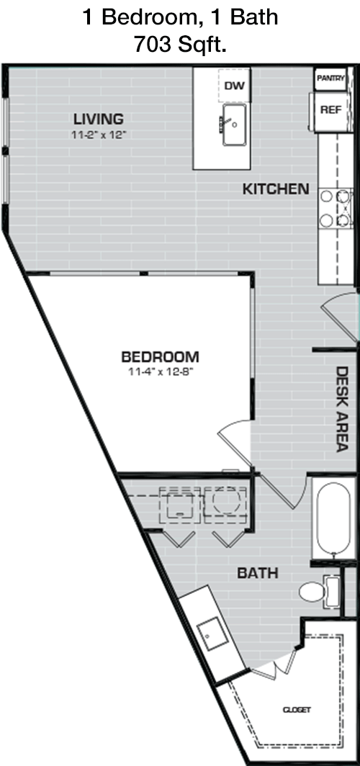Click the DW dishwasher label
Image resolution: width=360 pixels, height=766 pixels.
(x=234, y=86)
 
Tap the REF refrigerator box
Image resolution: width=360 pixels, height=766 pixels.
(x=330, y=111)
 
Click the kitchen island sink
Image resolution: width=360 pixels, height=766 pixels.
(x=235, y=125)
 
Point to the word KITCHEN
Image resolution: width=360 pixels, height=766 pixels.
(x=276, y=189)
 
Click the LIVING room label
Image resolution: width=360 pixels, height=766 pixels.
(x=98, y=119)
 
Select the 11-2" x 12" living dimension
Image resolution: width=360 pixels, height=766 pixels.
(x=99, y=134)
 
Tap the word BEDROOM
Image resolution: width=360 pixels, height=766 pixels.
(x=161, y=357)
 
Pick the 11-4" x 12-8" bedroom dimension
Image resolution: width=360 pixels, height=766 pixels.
(x=161, y=371)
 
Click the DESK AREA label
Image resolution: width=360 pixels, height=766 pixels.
(x=342, y=410)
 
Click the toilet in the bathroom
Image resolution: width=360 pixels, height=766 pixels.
(x=318, y=590)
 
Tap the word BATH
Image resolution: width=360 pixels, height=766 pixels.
(x=258, y=573)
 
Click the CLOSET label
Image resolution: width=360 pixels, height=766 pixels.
(x=297, y=710)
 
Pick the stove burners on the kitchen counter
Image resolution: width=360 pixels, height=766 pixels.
(x=336, y=208)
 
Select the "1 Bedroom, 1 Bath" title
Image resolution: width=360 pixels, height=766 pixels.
(x=180, y=17)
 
